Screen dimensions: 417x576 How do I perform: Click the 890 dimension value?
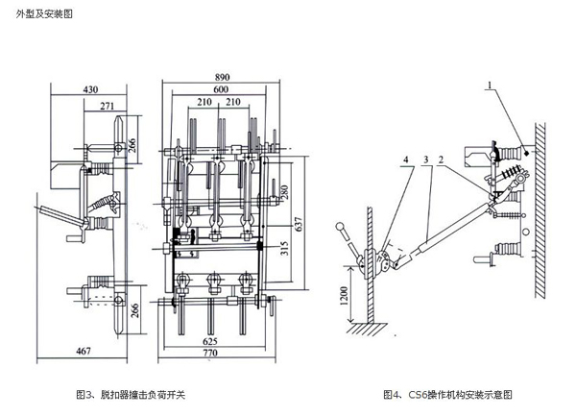coord(222,76)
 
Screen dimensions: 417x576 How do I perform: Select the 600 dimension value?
coord(222,89)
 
